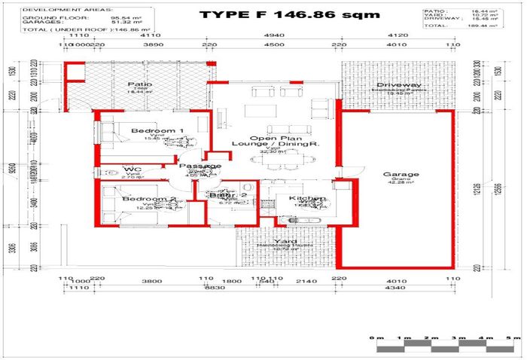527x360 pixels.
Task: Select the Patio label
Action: click(140, 84)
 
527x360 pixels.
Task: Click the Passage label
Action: click(200, 166)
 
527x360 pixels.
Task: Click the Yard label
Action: click(285, 243)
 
